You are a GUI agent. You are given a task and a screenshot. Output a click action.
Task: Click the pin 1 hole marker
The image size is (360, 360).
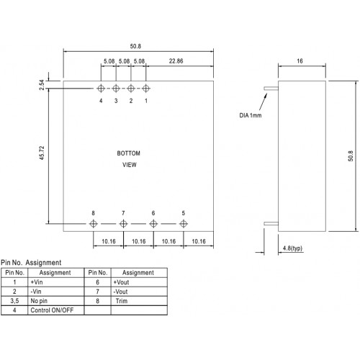click(146, 89)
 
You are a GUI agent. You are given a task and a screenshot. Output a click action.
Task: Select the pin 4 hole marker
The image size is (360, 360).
click(101, 89)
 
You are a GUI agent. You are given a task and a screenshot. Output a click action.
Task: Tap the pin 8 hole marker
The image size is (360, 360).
click(93, 224)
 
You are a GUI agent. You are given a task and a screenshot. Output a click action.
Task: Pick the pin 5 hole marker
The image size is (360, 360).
click(184, 224)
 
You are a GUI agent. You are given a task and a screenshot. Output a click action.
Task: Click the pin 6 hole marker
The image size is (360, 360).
click(153, 224)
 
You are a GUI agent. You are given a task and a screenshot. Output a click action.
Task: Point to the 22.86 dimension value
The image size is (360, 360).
click(176, 61)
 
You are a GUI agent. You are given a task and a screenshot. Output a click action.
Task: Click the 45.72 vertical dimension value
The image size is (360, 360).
click(42, 153)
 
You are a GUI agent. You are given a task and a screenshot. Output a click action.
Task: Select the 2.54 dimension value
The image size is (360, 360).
click(42, 85)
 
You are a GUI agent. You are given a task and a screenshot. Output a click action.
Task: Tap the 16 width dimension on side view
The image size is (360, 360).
click(300, 61)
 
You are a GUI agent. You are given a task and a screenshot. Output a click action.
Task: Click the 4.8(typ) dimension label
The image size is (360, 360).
click(292, 248)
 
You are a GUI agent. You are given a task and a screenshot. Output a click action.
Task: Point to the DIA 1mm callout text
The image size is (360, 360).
click(251, 115)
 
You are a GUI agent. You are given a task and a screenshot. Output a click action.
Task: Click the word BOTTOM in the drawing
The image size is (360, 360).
click(128, 153)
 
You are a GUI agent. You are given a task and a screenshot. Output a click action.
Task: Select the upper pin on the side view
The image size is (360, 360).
click(271, 89)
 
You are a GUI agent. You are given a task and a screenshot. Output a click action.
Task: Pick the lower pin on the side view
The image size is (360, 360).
click(271, 224)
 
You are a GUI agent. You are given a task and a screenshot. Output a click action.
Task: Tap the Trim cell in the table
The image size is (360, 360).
click(139, 301)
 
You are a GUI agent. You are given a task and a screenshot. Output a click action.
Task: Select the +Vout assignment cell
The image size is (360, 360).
click(139, 282)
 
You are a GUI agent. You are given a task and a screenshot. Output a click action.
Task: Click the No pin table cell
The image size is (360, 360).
click(56, 301)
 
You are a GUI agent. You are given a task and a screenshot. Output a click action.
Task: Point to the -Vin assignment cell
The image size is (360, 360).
click(56, 292)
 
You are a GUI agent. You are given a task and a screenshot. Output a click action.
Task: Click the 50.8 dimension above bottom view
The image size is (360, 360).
click(135, 46)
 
